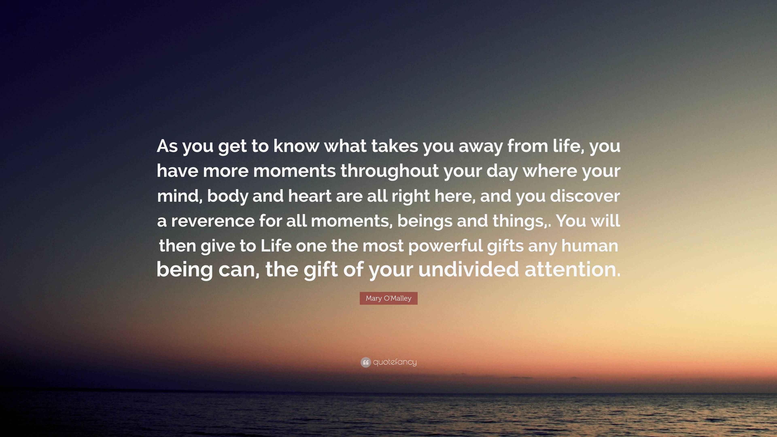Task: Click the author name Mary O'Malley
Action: (x=388, y=298)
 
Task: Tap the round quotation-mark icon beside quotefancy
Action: (x=366, y=362)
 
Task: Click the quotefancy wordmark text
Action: (x=395, y=362)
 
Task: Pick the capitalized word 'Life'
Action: (x=276, y=246)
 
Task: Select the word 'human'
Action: (x=590, y=246)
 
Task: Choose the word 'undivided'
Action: (x=468, y=269)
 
